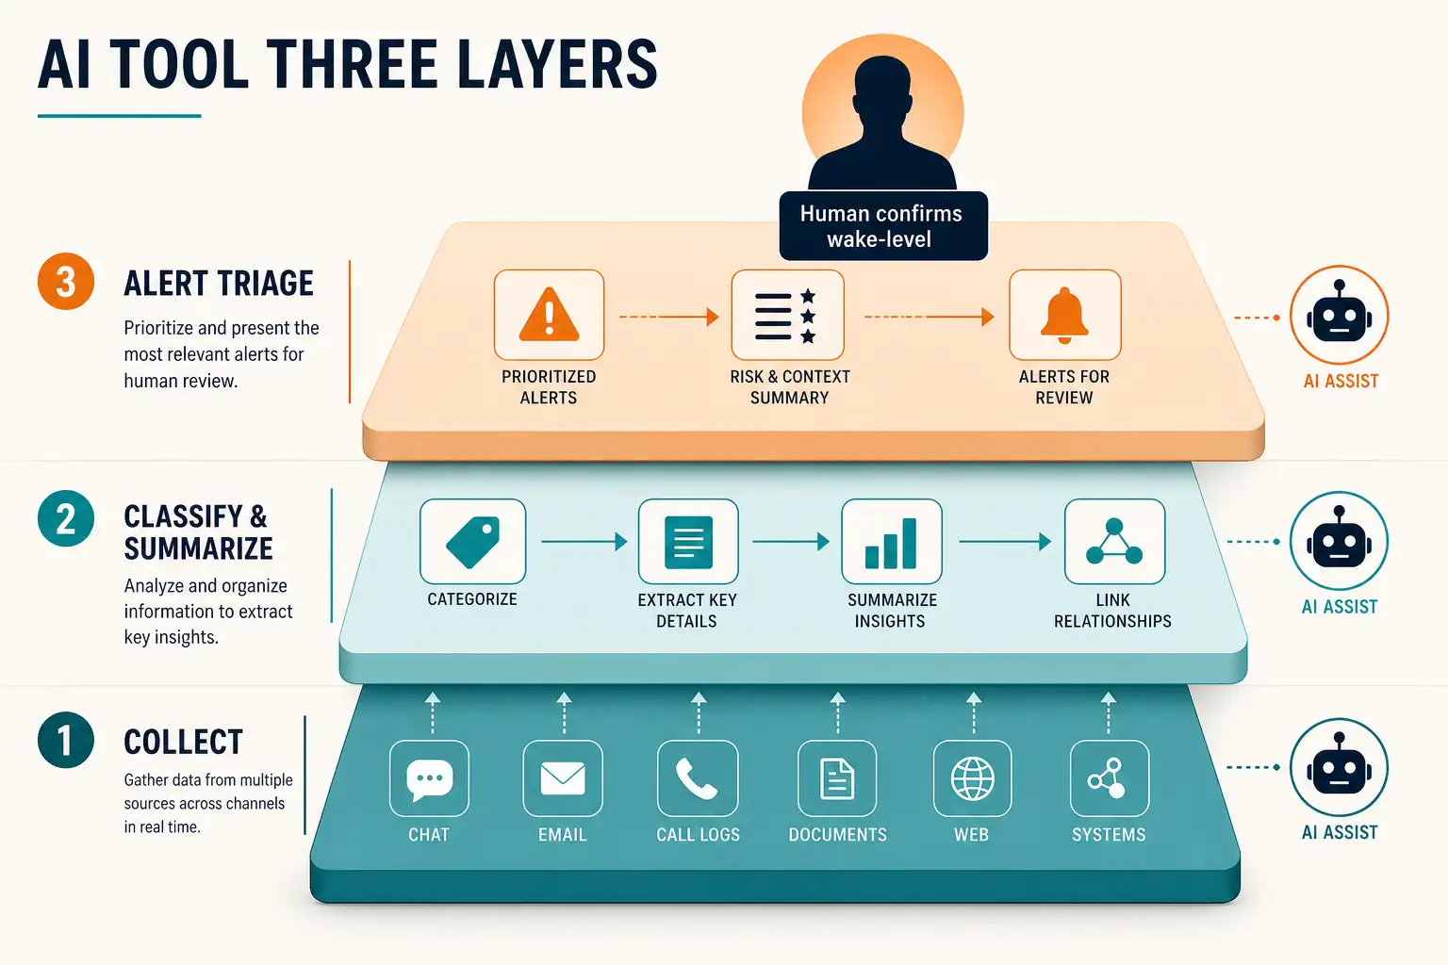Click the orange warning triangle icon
click(549, 314)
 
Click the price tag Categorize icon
click(472, 542)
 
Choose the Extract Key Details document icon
click(688, 542)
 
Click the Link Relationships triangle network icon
click(1113, 542)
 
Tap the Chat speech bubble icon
click(429, 779)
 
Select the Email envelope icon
click(563, 778)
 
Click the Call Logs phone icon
click(697, 778)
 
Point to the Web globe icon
click(972, 778)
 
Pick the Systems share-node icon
click(1108, 778)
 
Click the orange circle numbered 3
click(66, 281)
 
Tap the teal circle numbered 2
click(66, 518)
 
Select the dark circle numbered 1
click(66, 740)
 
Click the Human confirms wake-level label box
click(883, 226)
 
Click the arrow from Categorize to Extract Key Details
click(584, 542)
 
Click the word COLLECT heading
click(183, 742)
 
